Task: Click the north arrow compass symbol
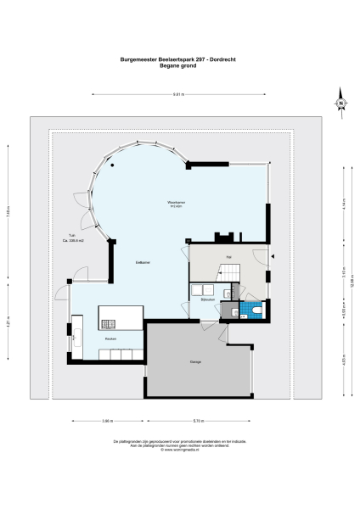point(340,103)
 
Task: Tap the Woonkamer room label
point(177,204)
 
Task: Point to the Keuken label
point(110,338)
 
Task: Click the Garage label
point(195,362)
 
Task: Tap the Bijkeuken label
point(206,299)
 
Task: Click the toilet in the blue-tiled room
point(256,311)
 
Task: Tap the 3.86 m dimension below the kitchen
point(106,421)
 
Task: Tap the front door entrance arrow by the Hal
point(274,256)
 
